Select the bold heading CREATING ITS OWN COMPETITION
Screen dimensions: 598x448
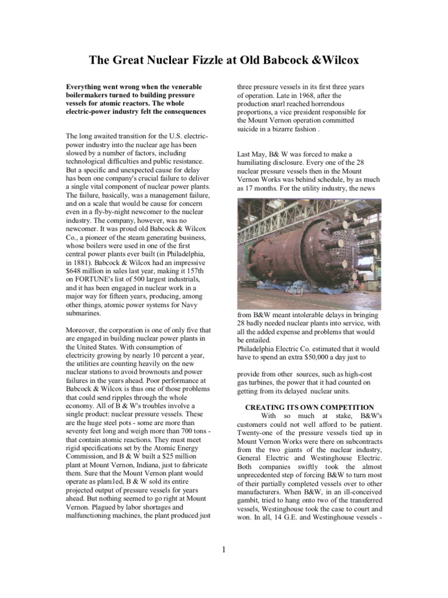click(309, 406)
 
